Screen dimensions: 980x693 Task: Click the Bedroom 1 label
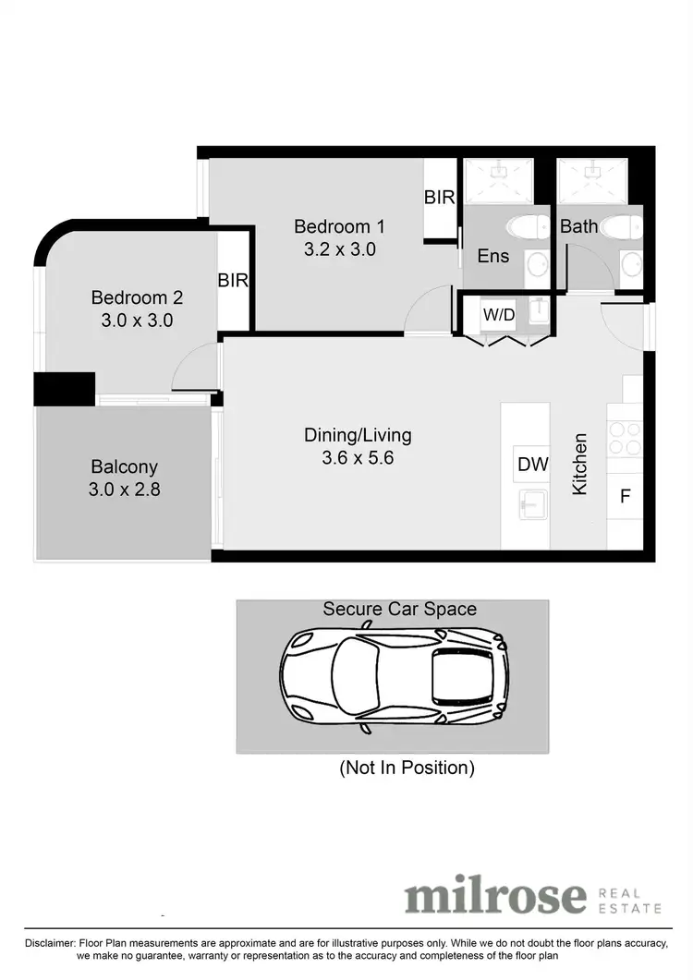click(339, 226)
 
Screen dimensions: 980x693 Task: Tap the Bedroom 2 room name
click(137, 298)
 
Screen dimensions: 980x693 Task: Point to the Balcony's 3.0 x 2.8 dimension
click(124, 490)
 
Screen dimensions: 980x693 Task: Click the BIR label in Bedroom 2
click(233, 281)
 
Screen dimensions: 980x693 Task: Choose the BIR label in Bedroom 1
click(440, 198)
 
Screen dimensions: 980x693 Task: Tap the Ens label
click(492, 256)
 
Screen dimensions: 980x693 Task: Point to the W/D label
click(499, 315)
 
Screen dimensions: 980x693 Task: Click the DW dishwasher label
click(532, 465)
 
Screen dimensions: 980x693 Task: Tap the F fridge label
click(625, 496)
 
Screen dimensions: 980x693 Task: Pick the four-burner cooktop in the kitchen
click(625, 439)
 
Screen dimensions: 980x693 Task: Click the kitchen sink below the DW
click(532, 504)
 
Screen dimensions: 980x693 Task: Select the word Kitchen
click(580, 465)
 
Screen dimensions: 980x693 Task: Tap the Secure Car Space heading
click(399, 610)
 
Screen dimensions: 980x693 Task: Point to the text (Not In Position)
click(407, 768)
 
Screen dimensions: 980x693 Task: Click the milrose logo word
click(495, 896)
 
